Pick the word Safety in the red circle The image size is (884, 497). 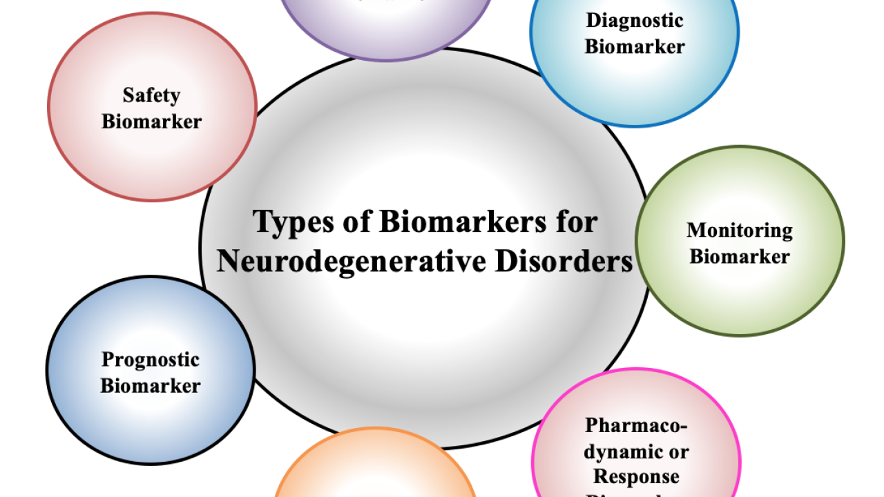[151, 95]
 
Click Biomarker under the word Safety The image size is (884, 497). [151, 121]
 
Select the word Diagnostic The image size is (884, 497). [635, 20]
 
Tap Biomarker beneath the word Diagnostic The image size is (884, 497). [635, 47]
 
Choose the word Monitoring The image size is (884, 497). [739, 230]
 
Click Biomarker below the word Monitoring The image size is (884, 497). [739, 257]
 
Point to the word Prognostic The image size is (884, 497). [150, 360]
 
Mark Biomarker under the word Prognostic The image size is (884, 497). [150, 385]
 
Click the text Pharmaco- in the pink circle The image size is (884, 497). [636, 425]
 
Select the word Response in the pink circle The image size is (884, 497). [636, 476]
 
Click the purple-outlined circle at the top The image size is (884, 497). [387, 28]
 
